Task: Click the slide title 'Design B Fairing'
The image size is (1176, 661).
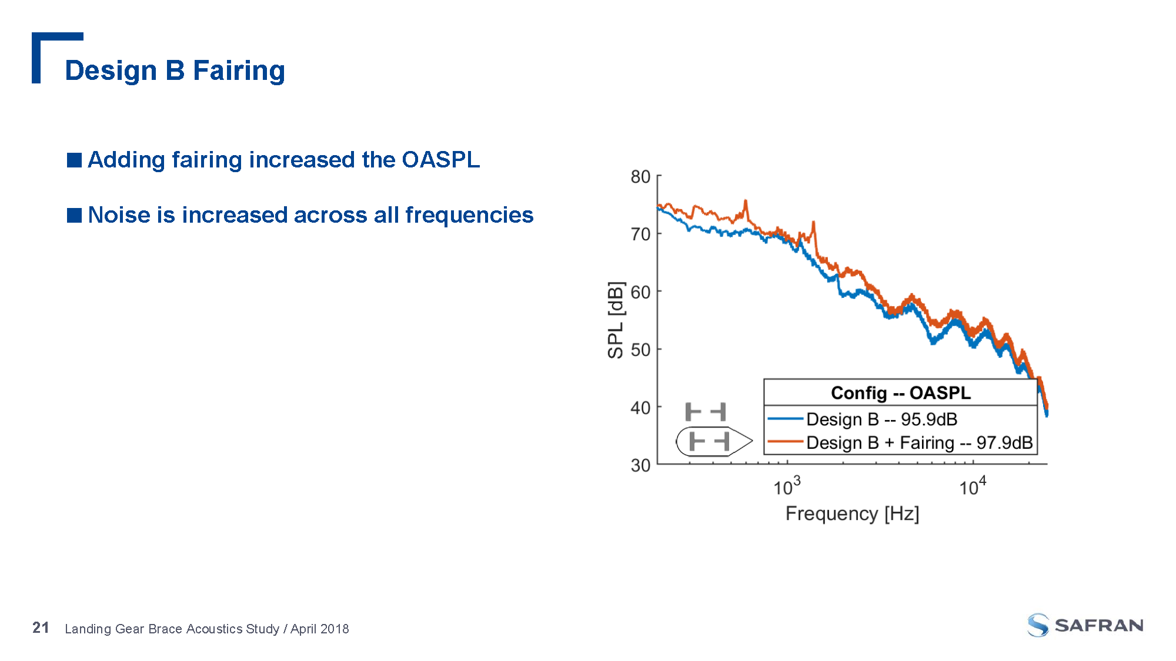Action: point(175,71)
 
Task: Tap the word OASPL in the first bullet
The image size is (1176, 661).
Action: point(440,160)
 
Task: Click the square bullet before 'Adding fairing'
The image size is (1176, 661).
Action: point(74,160)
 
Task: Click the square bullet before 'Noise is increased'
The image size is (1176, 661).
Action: point(74,215)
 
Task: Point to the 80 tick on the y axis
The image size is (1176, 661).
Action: point(640,177)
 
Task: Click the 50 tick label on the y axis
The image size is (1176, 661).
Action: point(640,350)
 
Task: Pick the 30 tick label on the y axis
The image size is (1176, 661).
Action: point(640,465)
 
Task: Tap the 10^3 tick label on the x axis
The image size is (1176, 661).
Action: point(787,486)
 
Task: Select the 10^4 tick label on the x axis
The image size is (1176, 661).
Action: point(973,486)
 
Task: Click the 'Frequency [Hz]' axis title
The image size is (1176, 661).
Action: point(852,514)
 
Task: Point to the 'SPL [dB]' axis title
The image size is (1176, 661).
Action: point(615,320)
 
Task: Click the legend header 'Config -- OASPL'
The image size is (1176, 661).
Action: point(900,392)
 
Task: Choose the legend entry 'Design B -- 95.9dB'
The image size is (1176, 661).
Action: point(881,419)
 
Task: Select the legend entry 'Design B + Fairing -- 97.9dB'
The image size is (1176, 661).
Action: point(919,442)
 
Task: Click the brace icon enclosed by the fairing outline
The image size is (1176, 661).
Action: point(709,441)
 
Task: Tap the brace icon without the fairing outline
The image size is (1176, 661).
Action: point(706,411)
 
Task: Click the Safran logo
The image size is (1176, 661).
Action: point(1085,625)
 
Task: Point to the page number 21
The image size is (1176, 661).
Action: point(41,628)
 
